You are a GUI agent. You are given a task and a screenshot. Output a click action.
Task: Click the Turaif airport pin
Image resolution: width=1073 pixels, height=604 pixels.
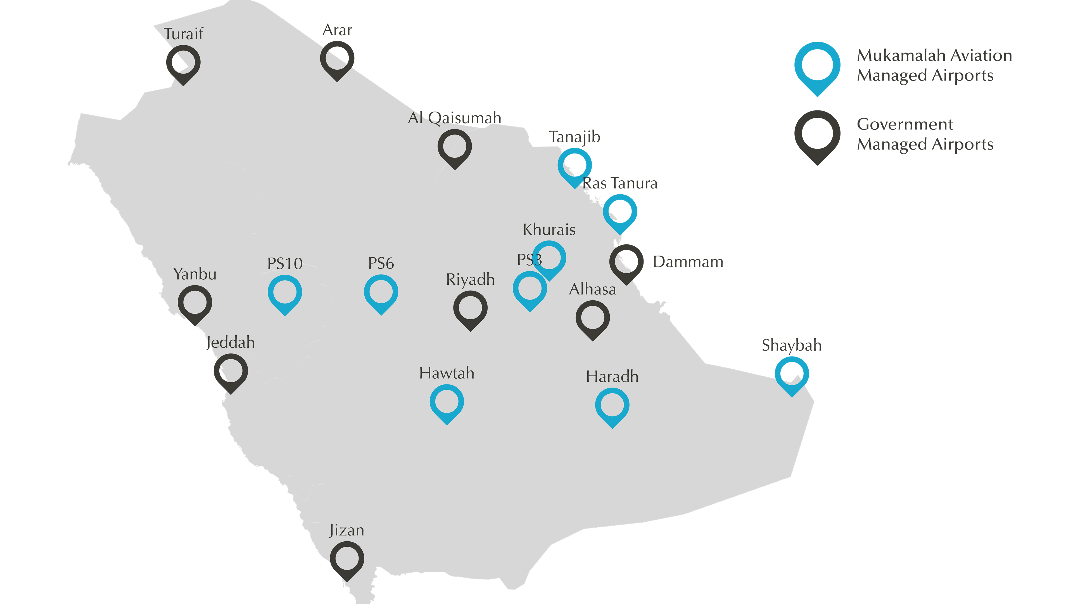[x=183, y=64]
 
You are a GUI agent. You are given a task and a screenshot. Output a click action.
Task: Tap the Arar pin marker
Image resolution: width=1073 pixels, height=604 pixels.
[x=337, y=60]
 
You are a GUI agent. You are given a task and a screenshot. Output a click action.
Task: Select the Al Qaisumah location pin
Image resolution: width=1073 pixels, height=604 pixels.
[x=454, y=148]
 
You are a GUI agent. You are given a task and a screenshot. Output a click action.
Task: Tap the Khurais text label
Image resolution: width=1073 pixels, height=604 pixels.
[x=549, y=230]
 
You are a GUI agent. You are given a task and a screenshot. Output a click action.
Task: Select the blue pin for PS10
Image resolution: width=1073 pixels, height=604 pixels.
[x=285, y=293]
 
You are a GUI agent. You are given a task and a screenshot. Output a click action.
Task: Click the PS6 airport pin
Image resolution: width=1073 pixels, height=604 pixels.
[x=381, y=293]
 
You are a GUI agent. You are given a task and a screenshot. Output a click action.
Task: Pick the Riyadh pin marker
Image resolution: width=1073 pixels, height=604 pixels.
[x=470, y=309]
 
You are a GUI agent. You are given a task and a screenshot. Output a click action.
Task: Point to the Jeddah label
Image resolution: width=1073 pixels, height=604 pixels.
[x=230, y=343]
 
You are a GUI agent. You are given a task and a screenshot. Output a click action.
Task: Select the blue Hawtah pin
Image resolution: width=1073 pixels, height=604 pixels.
[x=447, y=403]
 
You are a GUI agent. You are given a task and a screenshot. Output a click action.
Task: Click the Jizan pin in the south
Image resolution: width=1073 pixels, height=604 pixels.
[x=346, y=560]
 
